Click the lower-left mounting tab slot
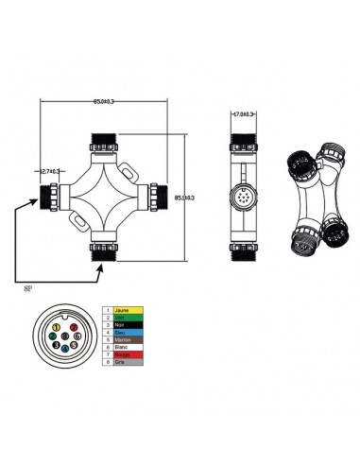point(78,224)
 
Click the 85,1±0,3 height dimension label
point(185,198)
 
